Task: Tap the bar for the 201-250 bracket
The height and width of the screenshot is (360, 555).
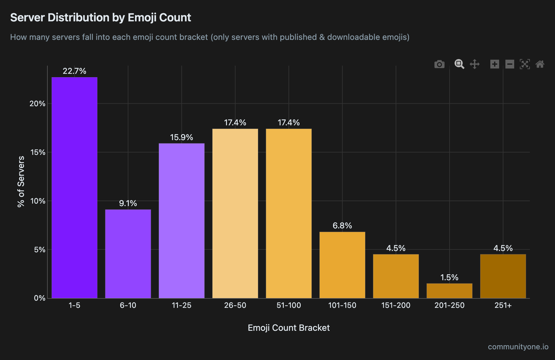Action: point(449,291)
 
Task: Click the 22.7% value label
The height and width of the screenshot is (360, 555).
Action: point(74,71)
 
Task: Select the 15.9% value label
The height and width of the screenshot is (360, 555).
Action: point(181,137)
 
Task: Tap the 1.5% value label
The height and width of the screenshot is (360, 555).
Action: point(449,277)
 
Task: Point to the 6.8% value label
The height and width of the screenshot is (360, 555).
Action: point(342,226)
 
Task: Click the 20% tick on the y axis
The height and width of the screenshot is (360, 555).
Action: point(37,104)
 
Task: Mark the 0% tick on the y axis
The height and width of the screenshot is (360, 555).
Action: point(40,298)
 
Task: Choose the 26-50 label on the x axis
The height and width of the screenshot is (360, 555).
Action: point(235,305)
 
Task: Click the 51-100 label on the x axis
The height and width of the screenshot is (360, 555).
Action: point(288,305)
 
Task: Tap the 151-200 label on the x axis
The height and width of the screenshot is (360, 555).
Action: point(396,305)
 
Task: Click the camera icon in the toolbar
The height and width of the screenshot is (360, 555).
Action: point(439,64)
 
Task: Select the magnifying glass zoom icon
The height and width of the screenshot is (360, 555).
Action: point(459,64)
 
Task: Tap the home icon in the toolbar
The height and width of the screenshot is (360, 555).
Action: point(540,64)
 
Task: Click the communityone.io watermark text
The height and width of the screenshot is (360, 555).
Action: point(518,347)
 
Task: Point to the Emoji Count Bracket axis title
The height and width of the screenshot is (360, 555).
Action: point(288,328)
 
